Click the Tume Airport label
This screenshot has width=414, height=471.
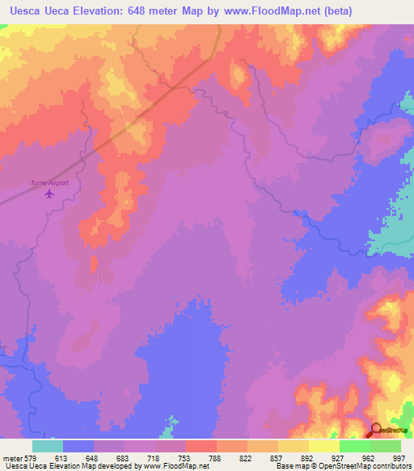point(49,183)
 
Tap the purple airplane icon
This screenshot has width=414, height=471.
point(50,193)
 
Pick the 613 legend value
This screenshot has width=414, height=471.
point(63,458)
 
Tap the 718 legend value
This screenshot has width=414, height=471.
point(154,458)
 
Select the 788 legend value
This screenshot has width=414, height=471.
point(217,458)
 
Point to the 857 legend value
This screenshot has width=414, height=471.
point(277,458)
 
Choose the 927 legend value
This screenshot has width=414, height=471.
point(339,458)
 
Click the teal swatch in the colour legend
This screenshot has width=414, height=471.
point(48,446)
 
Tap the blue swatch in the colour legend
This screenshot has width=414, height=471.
point(78,446)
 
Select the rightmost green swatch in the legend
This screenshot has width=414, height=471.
point(385,446)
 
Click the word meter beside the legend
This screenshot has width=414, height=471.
point(12,458)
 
